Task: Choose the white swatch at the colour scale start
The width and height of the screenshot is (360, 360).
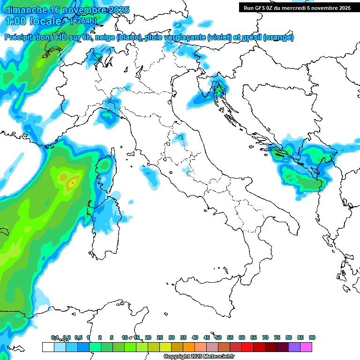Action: pos(48,347)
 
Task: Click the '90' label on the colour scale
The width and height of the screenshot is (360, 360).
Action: pos(312,337)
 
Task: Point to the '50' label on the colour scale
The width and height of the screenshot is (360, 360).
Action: pos(218,337)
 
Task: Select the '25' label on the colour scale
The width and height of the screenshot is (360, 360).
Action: pos(160,337)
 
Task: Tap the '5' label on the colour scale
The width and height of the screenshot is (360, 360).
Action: pos(112,337)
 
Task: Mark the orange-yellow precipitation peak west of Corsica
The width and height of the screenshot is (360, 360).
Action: pos(72,181)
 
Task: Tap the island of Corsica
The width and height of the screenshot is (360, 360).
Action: pos(106,171)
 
